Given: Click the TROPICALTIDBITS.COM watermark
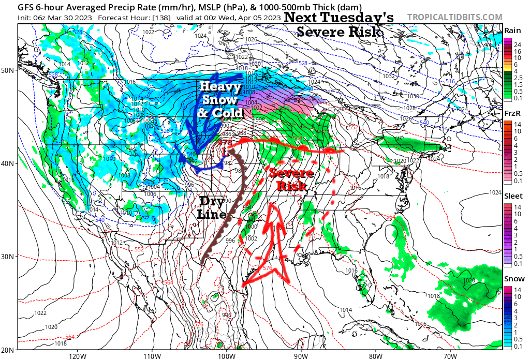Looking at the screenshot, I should pos(454,17).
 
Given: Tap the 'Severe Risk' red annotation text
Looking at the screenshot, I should pos(291,179).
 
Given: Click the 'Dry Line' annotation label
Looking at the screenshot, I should pos(213,207).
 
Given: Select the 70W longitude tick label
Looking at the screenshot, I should pos(450,356).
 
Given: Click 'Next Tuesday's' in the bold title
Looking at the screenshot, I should pos(339,17).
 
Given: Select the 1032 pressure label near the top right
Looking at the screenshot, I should pos(388,76).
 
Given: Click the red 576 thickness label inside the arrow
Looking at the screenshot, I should pos(267,268).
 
